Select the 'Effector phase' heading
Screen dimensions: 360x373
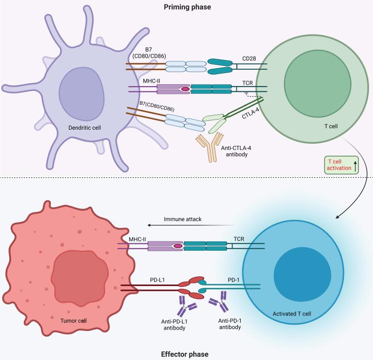pos(186,354)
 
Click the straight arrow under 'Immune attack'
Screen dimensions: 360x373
pos(191,225)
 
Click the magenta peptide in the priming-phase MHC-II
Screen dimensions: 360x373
pos(185,90)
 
